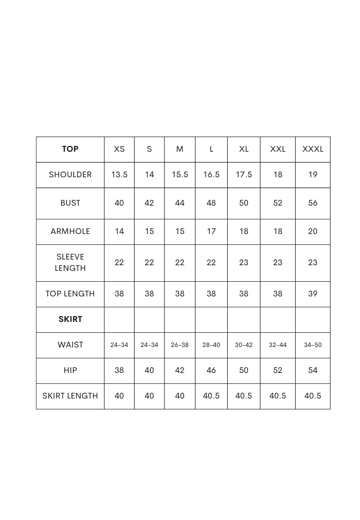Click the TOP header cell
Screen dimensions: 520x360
point(70,149)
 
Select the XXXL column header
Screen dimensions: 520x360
point(313,149)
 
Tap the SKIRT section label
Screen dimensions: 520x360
point(70,320)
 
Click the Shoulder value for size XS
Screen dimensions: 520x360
point(119,175)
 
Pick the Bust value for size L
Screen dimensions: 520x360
point(211,203)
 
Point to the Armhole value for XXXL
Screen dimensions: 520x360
point(313,232)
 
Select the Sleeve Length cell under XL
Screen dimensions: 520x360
point(243,263)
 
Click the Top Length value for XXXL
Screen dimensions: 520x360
point(313,294)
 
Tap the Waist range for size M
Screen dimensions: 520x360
point(180,345)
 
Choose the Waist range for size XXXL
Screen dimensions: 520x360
point(313,345)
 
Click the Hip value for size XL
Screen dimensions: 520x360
point(243,371)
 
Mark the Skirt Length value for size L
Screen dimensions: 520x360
point(211,396)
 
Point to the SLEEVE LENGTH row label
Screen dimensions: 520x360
point(70,263)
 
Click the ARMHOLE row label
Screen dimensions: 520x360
point(70,232)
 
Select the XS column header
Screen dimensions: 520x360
point(119,149)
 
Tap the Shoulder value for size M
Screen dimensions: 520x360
point(180,175)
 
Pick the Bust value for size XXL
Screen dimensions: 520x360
point(278,203)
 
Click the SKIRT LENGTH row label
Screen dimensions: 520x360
point(70,396)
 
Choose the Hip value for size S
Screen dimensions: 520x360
point(149,371)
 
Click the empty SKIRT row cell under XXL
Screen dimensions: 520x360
point(278,320)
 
